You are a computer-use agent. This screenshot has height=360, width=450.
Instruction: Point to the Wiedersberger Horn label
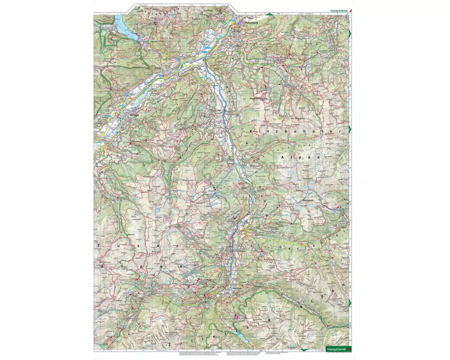261,98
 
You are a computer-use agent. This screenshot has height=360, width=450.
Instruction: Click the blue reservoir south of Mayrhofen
237,333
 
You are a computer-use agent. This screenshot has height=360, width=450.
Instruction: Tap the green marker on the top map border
269,15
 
